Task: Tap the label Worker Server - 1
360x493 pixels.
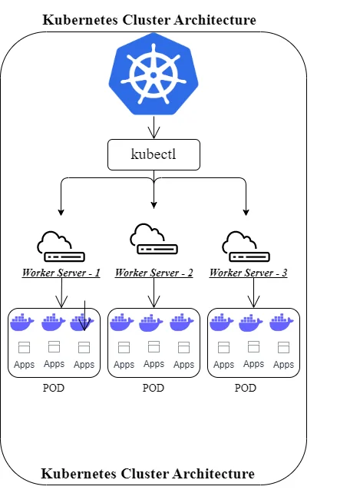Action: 61,273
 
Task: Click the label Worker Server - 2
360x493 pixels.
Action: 154,273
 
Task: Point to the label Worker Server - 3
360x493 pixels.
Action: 248,273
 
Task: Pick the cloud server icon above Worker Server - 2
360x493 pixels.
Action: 154,239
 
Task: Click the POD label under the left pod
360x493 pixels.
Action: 54,388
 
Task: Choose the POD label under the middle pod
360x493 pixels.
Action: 154,388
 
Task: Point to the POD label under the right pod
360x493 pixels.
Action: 246,388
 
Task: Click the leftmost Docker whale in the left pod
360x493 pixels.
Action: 22,322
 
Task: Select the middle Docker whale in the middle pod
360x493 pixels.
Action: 153,322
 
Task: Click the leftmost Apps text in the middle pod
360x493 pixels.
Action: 124,365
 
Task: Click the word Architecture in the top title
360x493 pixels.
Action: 210,20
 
